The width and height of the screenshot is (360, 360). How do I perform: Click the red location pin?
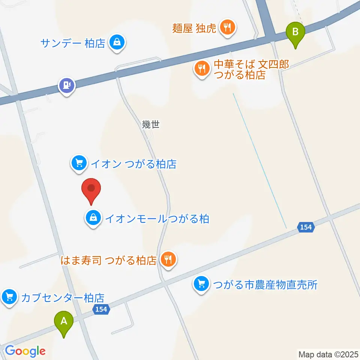(x=91, y=190)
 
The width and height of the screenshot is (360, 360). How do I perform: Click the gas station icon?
(x=67, y=86)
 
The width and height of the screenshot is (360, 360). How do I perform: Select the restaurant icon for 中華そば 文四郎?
(x=202, y=69)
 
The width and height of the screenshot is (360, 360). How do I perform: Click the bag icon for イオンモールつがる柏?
(x=93, y=217)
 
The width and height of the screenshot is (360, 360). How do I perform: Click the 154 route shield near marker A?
(x=100, y=309)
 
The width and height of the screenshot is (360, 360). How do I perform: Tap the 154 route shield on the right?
(x=306, y=227)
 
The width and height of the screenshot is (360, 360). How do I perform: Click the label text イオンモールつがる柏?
(x=156, y=218)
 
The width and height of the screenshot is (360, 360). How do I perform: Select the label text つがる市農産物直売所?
(x=265, y=285)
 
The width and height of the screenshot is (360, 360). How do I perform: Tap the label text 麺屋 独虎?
(x=194, y=28)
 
